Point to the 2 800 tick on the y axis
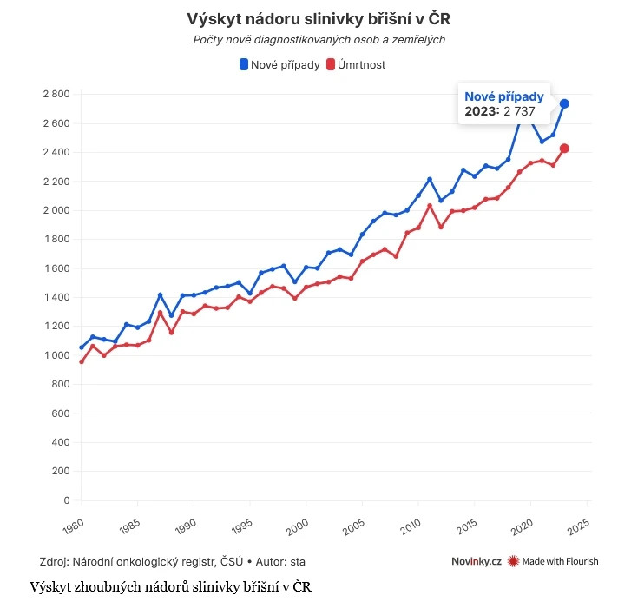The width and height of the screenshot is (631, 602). point(56,94)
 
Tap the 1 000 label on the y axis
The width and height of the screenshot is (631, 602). point(56,355)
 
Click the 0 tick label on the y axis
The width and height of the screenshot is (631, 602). point(65,500)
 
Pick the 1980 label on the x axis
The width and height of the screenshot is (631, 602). point(73,526)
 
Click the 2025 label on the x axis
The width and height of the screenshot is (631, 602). point(578,526)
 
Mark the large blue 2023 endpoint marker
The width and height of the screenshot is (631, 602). point(564,104)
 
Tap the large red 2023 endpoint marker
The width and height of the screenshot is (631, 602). point(564,149)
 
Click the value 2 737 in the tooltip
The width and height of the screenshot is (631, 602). point(519,111)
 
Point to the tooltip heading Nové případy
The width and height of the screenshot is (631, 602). point(504,96)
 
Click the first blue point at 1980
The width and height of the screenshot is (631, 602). point(82,347)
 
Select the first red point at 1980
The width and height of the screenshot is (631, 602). point(82,361)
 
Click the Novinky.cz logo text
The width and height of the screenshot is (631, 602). point(477,561)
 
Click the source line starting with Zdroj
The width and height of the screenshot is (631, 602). point(173,561)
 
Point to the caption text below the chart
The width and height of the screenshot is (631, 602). point(170,586)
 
